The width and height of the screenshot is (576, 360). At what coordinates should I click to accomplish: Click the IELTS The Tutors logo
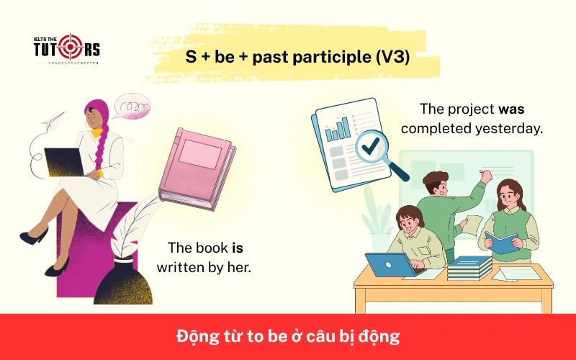[x=67, y=50]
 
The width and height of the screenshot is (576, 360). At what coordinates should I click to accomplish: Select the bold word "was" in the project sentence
[x=510, y=110]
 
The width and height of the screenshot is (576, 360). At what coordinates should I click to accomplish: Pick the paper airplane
[x=53, y=124]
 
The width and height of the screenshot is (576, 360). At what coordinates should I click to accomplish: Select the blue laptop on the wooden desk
[x=387, y=264]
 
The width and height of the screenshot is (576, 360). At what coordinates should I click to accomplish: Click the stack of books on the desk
[x=469, y=267]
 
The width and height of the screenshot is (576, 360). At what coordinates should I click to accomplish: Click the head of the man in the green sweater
[x=433, y=184]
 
